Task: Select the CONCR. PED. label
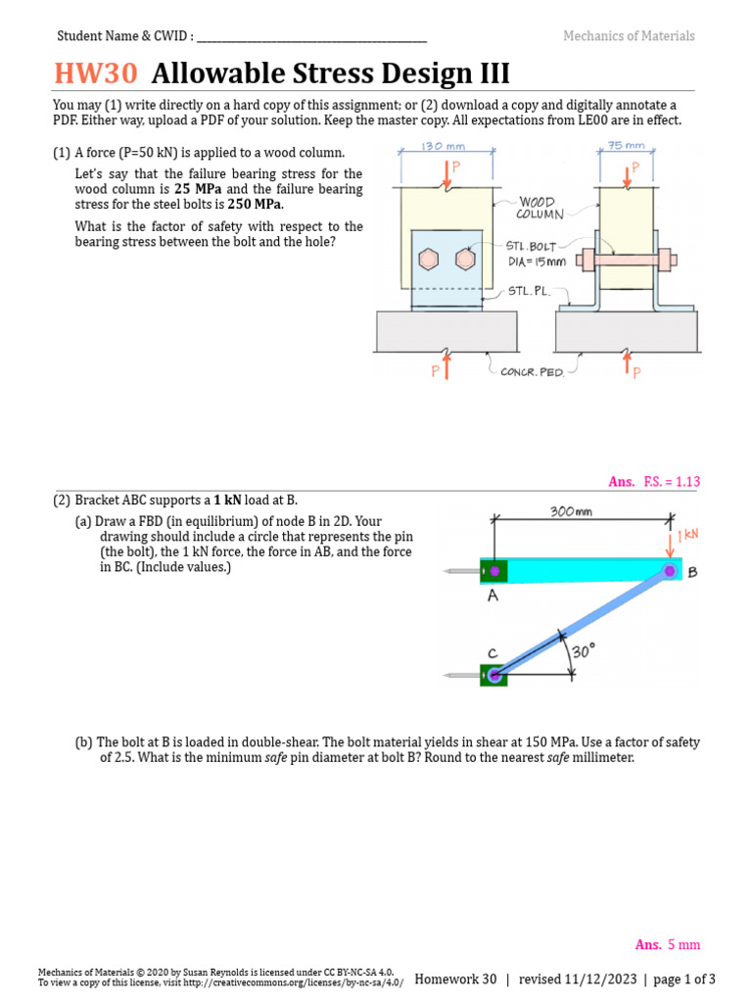(x=532, y=372)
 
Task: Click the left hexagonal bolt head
(x=428, y=260)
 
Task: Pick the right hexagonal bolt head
(x=464, y=260)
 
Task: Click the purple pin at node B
(x=670, y=570)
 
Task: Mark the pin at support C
(x=493, y=674)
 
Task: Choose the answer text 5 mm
(x=683, y=944)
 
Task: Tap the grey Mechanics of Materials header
(x=629, y=36)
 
